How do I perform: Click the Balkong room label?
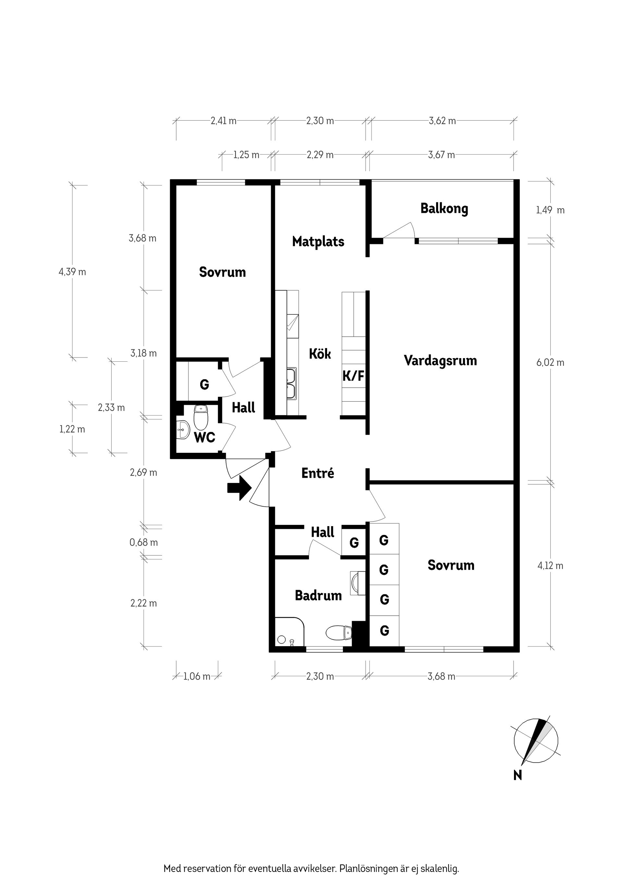point(444,208)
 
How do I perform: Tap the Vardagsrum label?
point(440,360)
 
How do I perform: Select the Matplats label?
point(318,241)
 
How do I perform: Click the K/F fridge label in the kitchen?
point(353,376)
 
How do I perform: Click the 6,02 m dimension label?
point(550,363)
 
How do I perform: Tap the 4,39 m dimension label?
point(72,272)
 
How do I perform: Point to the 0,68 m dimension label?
point(143,542)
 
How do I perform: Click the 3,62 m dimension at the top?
point(442,121)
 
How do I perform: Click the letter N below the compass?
point(518,776)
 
